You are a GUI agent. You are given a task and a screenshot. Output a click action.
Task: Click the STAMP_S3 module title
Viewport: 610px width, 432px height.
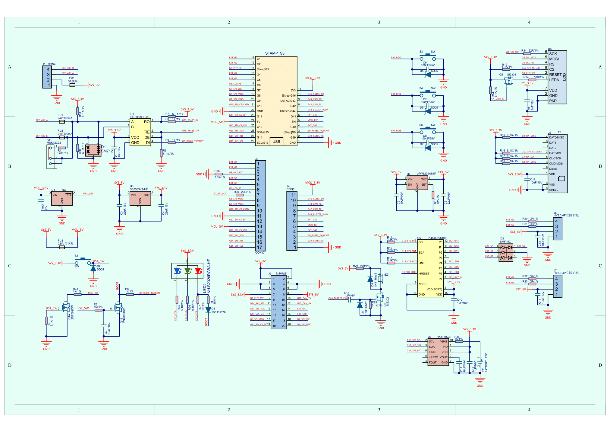275,53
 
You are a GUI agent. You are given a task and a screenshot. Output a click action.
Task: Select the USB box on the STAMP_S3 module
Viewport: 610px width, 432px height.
276,142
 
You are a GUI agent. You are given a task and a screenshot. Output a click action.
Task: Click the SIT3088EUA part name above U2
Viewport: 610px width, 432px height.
140,117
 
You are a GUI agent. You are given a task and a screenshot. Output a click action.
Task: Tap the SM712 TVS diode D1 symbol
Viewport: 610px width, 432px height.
93,150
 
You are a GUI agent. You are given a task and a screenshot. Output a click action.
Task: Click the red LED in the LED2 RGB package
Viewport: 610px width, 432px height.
198,271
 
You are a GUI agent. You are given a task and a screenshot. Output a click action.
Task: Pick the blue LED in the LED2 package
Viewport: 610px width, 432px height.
178,271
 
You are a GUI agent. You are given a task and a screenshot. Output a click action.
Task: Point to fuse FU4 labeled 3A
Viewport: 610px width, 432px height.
72,85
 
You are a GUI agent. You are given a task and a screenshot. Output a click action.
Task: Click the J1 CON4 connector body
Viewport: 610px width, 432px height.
47,77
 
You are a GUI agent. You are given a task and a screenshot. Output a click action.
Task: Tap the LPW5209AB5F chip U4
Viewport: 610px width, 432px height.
417,183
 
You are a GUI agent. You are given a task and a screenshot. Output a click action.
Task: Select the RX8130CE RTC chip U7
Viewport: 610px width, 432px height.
438,352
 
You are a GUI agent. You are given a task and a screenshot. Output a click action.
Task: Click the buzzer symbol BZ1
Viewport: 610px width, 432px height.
380,280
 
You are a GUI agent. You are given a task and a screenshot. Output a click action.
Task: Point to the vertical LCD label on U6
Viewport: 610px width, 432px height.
564,77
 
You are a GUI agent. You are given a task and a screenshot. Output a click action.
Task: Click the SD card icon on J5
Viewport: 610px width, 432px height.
561,179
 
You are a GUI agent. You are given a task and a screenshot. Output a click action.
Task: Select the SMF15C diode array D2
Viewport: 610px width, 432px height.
506,252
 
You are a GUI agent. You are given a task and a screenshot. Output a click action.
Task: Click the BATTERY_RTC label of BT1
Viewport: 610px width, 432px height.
486,362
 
